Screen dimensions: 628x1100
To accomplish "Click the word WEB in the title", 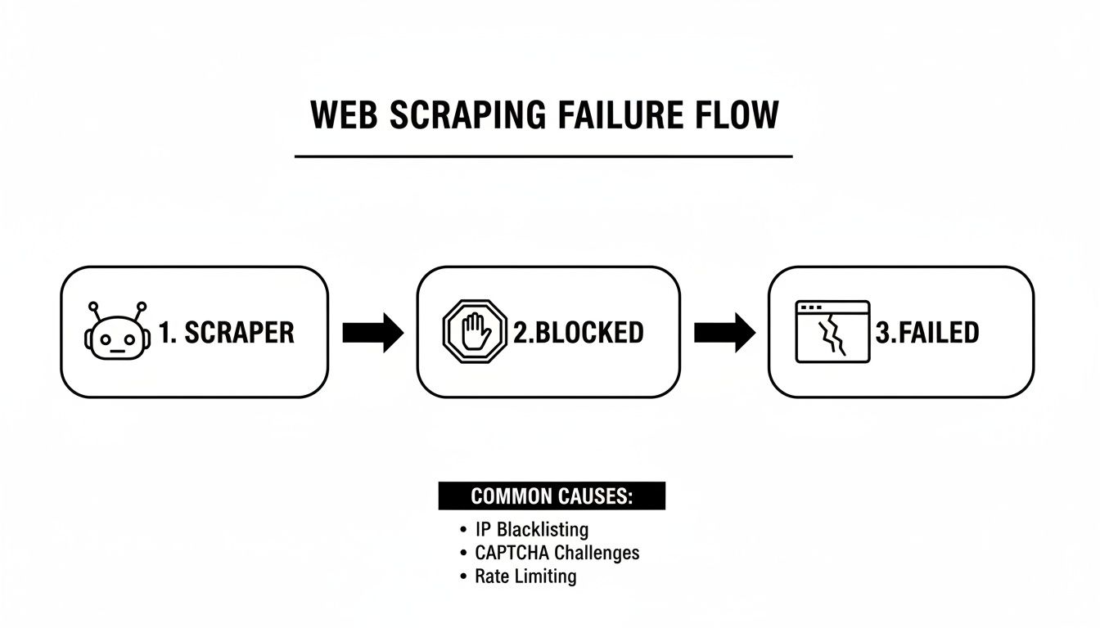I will [x=345, y=115].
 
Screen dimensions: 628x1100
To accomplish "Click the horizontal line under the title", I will [x=543, y=155].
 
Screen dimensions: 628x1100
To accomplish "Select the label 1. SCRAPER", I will [x=226, y=333].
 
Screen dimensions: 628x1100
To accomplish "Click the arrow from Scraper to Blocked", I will [x=372, y=333].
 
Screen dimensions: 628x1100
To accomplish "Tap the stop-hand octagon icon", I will [x=476, y=333].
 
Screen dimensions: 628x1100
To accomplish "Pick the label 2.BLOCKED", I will [x=579, y=333].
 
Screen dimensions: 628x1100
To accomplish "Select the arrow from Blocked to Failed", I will [x=724, y=333].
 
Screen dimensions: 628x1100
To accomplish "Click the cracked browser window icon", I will [x=832, y=331].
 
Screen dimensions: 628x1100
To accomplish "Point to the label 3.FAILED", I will [x=927, y=333].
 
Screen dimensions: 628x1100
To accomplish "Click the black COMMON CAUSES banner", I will [x=552, y=496].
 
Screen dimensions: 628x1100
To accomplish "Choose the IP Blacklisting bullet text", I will [x=531, y=530].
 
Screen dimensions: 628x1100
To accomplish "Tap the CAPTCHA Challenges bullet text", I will [x=557, y=553].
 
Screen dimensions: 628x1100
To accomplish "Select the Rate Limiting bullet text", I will [x=525, y=576].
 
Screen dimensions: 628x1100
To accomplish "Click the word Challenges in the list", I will [x=597, y=553].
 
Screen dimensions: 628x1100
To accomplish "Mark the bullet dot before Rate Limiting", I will [x=463, y=577].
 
